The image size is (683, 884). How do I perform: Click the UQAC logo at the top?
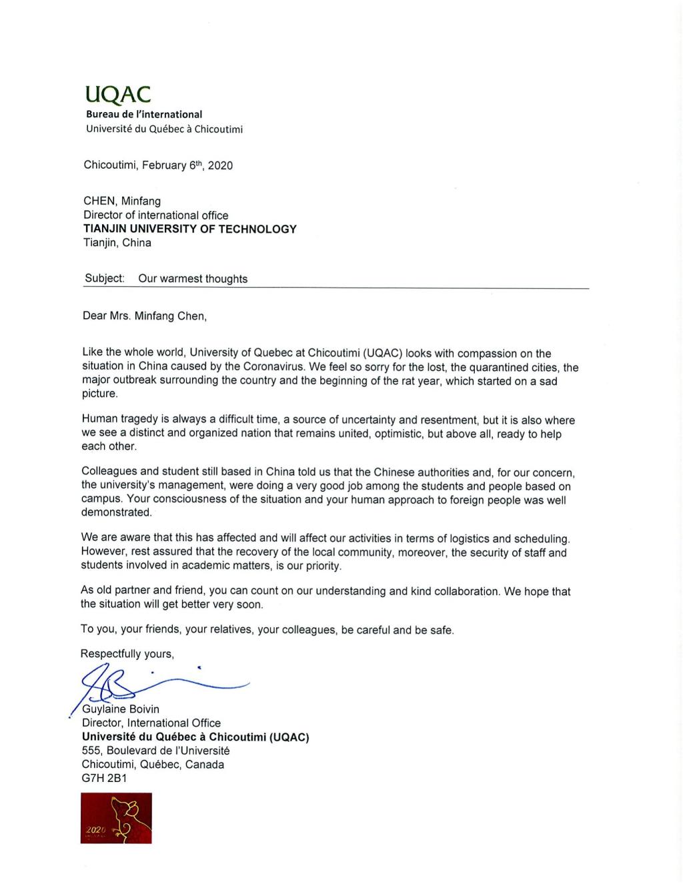117,95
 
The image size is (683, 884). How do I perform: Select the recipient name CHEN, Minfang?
121,201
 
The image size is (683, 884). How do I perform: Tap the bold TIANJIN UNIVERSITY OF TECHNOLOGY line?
189,229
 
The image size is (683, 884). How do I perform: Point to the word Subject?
105,278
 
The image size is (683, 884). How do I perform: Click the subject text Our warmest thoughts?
193,279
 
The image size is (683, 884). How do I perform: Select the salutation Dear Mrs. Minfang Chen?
145,316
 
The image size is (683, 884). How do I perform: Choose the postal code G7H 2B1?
104,778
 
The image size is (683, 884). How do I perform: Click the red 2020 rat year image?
116,817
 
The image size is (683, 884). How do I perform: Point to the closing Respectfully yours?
127,654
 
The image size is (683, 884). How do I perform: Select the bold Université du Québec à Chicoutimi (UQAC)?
195,737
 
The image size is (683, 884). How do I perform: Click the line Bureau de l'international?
143,114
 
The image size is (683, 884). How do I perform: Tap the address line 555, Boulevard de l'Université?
155,751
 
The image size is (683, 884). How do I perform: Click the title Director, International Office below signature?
151,723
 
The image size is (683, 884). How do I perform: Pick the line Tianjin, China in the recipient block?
117,243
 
